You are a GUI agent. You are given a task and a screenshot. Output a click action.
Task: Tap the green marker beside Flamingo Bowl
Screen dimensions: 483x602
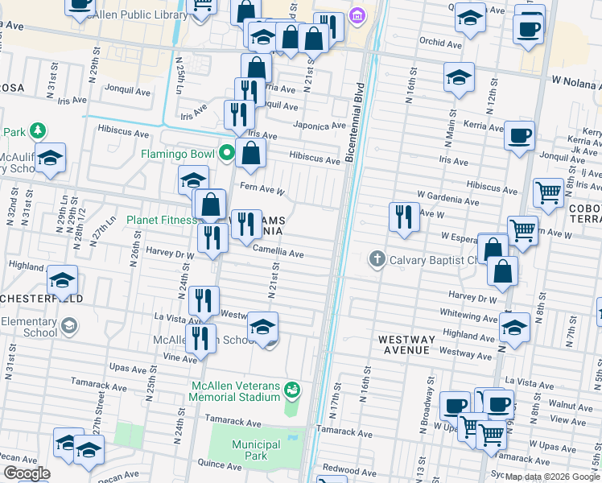[229, 152]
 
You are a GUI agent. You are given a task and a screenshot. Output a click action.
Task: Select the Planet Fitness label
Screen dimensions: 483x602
[162, 220]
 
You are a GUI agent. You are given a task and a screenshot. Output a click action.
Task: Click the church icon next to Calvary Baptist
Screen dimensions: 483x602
[377, 259]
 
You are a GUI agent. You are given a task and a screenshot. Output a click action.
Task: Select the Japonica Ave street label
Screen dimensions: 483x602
[320, 126]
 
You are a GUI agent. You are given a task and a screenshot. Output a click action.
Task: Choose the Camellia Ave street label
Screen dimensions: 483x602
[278, 254]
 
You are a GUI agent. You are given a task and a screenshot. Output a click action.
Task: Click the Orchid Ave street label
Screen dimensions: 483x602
[441, 44]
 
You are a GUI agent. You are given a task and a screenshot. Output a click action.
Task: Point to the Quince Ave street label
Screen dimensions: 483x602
[220, 465]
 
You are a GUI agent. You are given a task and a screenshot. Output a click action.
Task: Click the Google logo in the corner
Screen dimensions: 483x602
[26, 473]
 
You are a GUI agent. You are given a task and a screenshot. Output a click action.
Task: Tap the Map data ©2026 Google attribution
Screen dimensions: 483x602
[553, 477]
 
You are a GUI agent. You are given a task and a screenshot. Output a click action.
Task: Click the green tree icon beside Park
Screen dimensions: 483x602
[36, 131]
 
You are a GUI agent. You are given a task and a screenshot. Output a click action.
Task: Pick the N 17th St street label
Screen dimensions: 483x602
[336, 394]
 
